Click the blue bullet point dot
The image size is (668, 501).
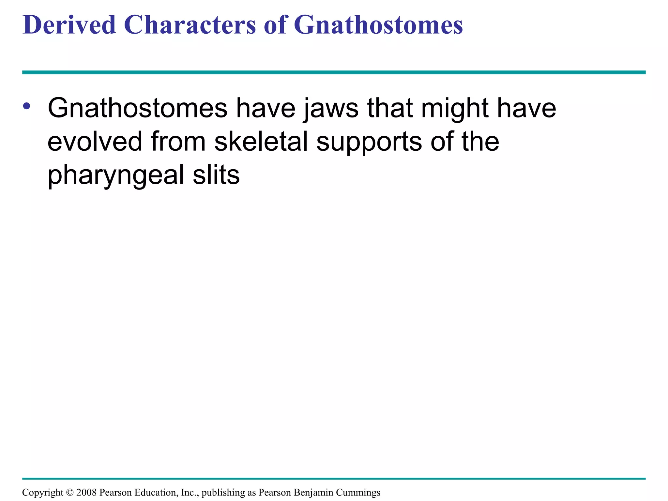click(x=27, y=106)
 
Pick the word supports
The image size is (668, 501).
click(x=369, y=143)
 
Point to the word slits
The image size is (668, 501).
click(x=216, y=175)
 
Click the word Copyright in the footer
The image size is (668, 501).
click(x=43, y=493)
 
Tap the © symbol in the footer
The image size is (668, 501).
click(x=70, y=493)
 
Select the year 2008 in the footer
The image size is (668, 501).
click(x=86, y=493)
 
